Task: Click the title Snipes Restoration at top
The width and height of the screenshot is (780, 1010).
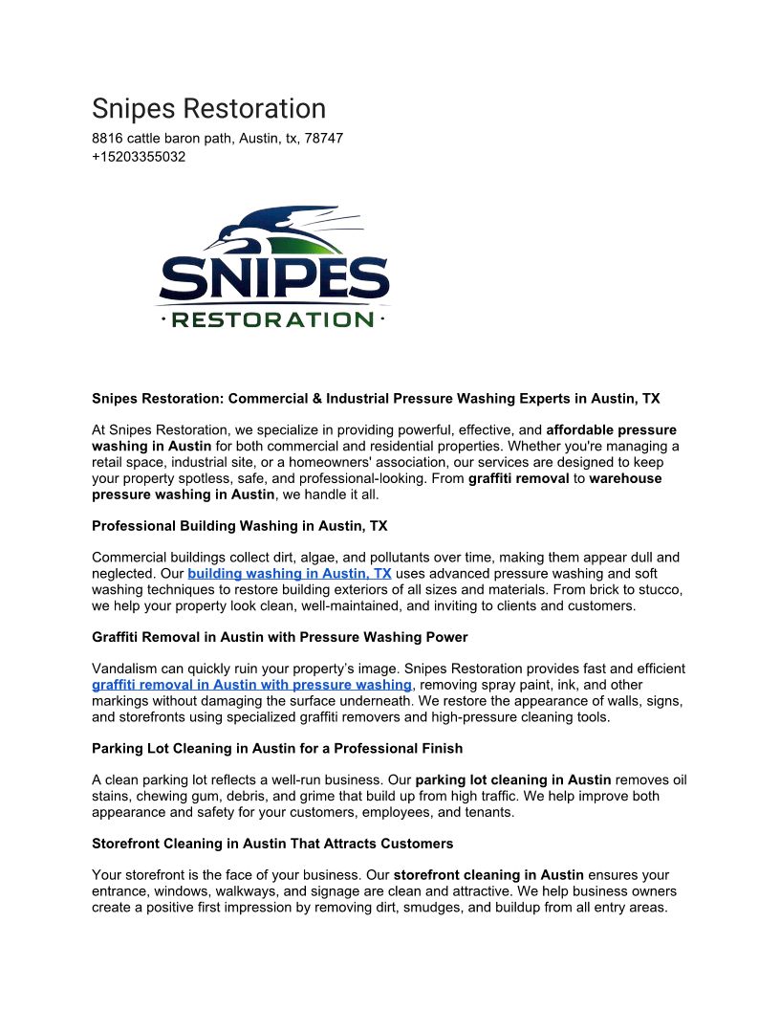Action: (208, 108)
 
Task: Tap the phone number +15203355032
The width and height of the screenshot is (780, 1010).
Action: (139, 157)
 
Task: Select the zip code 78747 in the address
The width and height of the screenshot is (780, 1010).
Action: (324, 139)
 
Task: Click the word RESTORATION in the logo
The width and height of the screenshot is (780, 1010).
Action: (272, 319)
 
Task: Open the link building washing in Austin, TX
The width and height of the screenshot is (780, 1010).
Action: (290, 574)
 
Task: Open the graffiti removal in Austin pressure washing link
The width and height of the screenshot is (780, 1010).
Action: (252, 685)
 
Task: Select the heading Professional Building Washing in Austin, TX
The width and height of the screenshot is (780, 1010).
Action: (239, 526)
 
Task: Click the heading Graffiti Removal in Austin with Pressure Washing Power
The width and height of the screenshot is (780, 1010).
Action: (279, 637)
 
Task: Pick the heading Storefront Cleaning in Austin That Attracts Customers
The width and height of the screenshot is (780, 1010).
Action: (272, 844)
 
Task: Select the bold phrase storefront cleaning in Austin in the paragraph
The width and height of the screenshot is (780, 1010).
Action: (488, 875)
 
